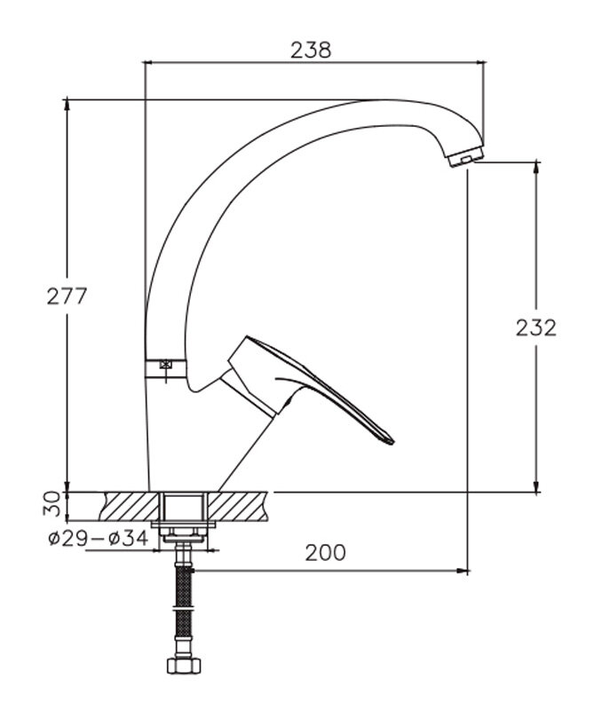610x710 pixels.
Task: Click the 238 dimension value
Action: pyautogui.click(x=311, y=50)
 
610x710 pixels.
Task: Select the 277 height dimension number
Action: pyautogui.click(x=67, y=296)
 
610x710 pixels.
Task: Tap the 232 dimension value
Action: pyautogui.click(x=536, y=327)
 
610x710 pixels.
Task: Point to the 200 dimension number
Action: pyautogui.click(x=325, y=552)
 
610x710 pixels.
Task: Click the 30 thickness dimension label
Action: pyautogui.click(x=51, y=503)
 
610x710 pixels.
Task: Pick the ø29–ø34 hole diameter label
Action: pyautogui.click(x=99, y=539)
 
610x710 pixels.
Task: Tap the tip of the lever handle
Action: pyautogui.click(x=392, y=441)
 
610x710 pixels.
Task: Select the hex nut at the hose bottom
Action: pyautogui.click(x=184, y=666)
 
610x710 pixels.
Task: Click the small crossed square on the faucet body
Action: pyautogui.click(x=166, y=364)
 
